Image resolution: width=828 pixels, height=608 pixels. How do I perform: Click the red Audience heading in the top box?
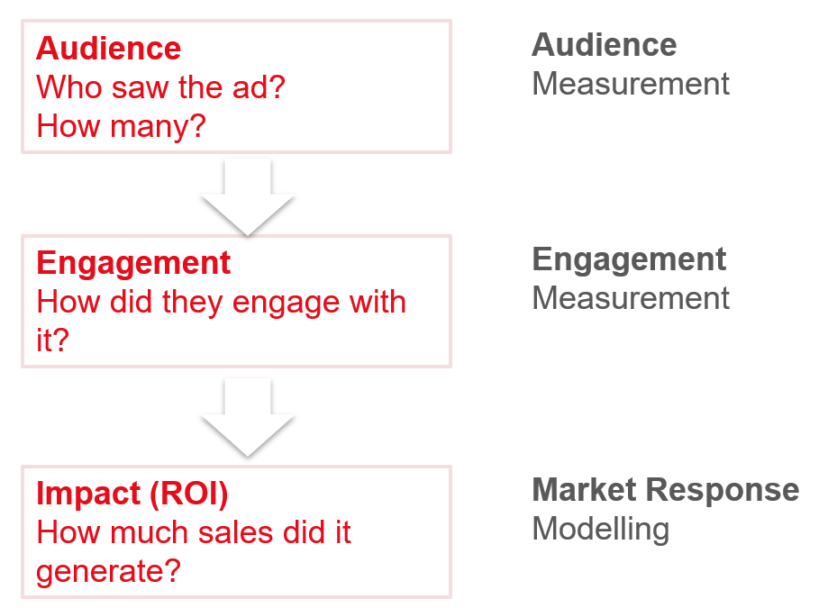[x=108, y=48]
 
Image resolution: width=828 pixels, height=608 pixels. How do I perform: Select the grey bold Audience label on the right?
[x=604, y=44]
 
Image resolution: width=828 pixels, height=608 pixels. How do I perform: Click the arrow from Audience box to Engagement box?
[x=247, y=196]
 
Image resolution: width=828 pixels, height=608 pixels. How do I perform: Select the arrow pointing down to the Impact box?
[x=247, y=416]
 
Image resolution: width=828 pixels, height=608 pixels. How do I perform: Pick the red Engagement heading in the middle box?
[x=133, y=263]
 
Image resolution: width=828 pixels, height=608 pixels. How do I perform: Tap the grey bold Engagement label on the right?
[x=629, y=259]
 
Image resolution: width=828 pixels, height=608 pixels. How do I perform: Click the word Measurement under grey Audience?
[x=630, y=84]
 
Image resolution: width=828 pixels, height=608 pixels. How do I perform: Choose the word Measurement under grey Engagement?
[x=630, y=298]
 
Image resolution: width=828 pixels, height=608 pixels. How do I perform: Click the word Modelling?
[x=600, y=529]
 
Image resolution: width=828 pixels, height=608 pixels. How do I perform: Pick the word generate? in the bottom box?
[x=108, y=571]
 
